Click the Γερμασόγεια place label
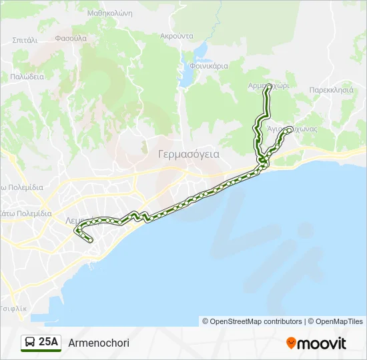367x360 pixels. coord(189,153)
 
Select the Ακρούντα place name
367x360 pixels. coord(177,36)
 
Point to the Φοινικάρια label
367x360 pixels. coord(209,66)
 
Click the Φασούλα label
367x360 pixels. coord(71,38)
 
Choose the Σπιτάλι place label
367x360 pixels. coord(25,40)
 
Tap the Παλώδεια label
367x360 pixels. coord(27,77)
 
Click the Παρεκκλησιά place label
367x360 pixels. coord(331,89)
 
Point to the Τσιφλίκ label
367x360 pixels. coord(13,309)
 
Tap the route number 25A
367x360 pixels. coord(49,343)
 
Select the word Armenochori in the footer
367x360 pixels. coord(99,343)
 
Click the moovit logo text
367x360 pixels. coord(322,343)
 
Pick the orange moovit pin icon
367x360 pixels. coord(291,343)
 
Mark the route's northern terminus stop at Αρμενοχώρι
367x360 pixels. coord(268,87)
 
